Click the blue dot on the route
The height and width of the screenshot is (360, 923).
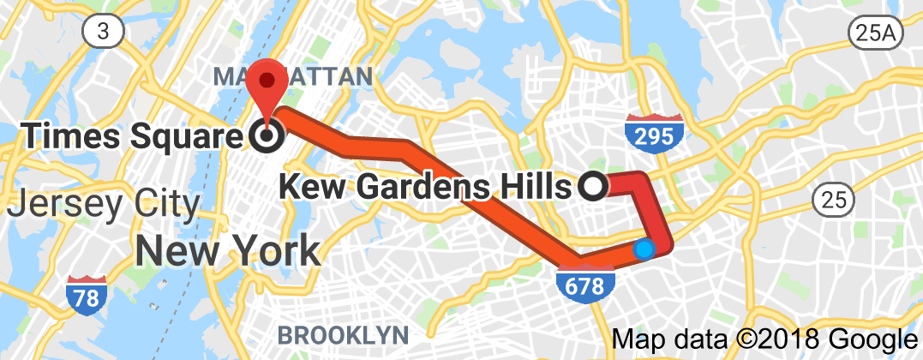click(x=644, y=249)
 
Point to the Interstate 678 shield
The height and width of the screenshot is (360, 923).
click(x=586, y=282)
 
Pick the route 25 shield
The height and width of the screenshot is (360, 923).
click(x=831, y=199)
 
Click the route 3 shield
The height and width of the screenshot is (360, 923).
click(x=102, y=32)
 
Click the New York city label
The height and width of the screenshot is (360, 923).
click(x=227, y=250)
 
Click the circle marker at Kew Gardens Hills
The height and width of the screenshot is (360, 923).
click(x=592, y=185)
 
